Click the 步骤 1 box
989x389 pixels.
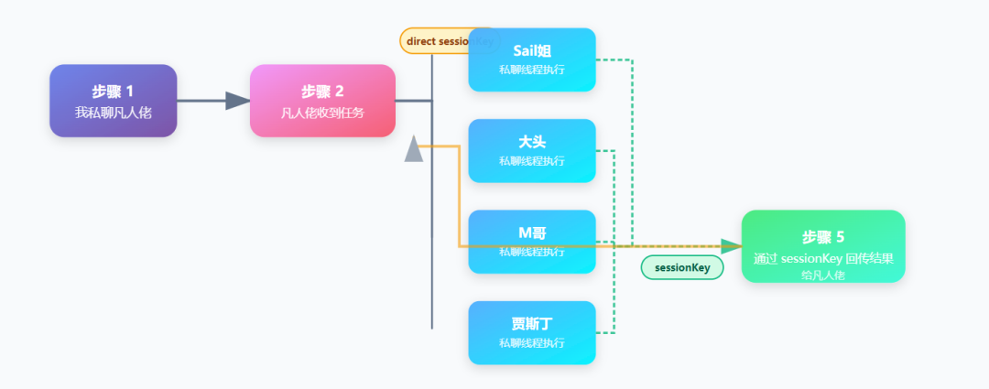[x=113, y=101]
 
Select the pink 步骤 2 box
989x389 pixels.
[x=322, y=101]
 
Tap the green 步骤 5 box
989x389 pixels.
[x=822, y=246]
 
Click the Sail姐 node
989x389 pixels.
[x=532, y=59]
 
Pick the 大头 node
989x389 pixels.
[x=532, y=151]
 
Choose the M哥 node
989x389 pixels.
[x=532, y=242]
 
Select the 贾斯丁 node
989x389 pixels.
[x=532, y=332]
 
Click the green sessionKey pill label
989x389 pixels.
[x=682, y=267]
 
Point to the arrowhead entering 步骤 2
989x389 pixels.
[x=237, y=101]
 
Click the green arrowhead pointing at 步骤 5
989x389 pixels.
[x=731, y=246]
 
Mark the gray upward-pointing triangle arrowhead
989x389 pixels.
[x=414, y=149]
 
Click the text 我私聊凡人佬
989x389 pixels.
[x=113, y=113]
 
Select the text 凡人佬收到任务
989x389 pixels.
[x=322, y=113]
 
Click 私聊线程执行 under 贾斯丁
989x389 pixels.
[x=532, y=343]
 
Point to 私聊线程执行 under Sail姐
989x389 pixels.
[x=532, y=70]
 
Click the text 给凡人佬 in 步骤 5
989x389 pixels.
[x=822, y=275]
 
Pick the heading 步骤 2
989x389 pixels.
[x=322, y=91]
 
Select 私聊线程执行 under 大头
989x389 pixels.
[x=532, y=161]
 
